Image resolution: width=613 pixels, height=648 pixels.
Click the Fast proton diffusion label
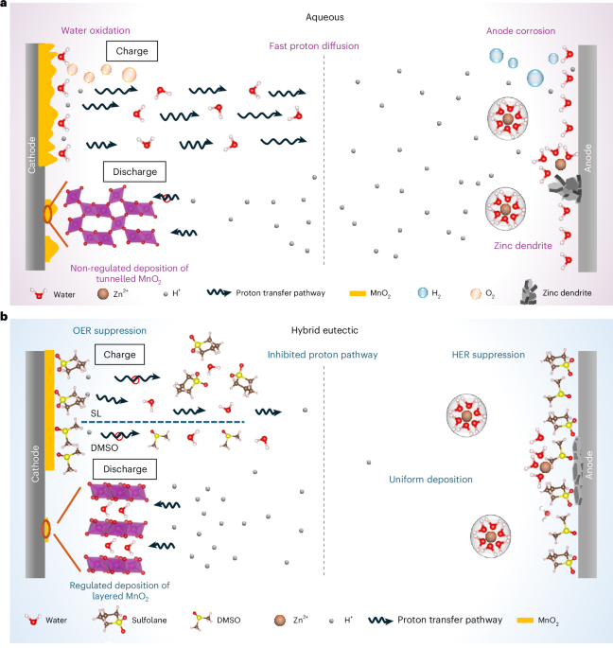[x=305, y=46]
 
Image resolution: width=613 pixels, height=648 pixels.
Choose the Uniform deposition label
[x=430, y=480]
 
